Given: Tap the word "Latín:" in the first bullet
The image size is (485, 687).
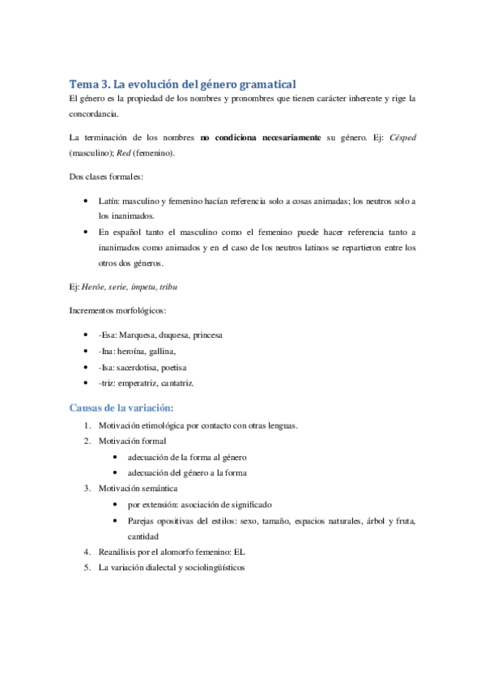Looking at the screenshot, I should pos(111,200).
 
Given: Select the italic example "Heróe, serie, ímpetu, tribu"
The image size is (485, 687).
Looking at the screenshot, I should pos(129,288).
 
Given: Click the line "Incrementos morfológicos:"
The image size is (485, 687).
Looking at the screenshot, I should pos(121,311).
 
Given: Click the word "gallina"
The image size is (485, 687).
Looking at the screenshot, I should pos(159,351).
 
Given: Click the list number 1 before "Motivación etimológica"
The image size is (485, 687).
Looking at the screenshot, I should pos(87,425).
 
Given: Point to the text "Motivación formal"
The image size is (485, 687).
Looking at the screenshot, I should pos(132,442).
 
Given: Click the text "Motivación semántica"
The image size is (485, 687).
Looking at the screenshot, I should pos(138,489).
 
